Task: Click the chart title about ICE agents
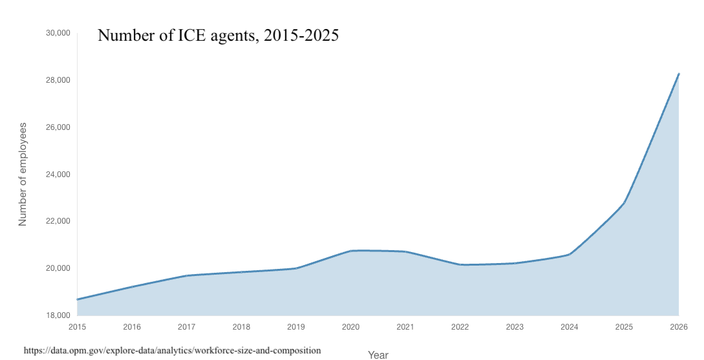(218, 36)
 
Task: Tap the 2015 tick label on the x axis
(77, 326)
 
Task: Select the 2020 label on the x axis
(350, 326)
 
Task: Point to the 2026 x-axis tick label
(678, 326)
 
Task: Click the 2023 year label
(515, 326)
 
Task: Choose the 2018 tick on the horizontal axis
(241, 326)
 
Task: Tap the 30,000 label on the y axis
(58, 33)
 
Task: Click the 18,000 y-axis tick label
(58, 315)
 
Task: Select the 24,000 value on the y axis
(58, 175)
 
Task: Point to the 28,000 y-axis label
(58, 80)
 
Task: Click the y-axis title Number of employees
(23, 174)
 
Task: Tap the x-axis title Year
(378, 355)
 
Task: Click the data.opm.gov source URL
(172, 350)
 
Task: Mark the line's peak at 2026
(678, 74)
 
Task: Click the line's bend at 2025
(624, 203)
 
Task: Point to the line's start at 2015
(78, 299)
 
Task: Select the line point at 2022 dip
(460, 264)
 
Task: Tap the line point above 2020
(350, 251)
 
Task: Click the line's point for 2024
(569, 254)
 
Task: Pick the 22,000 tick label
(58, 221)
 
